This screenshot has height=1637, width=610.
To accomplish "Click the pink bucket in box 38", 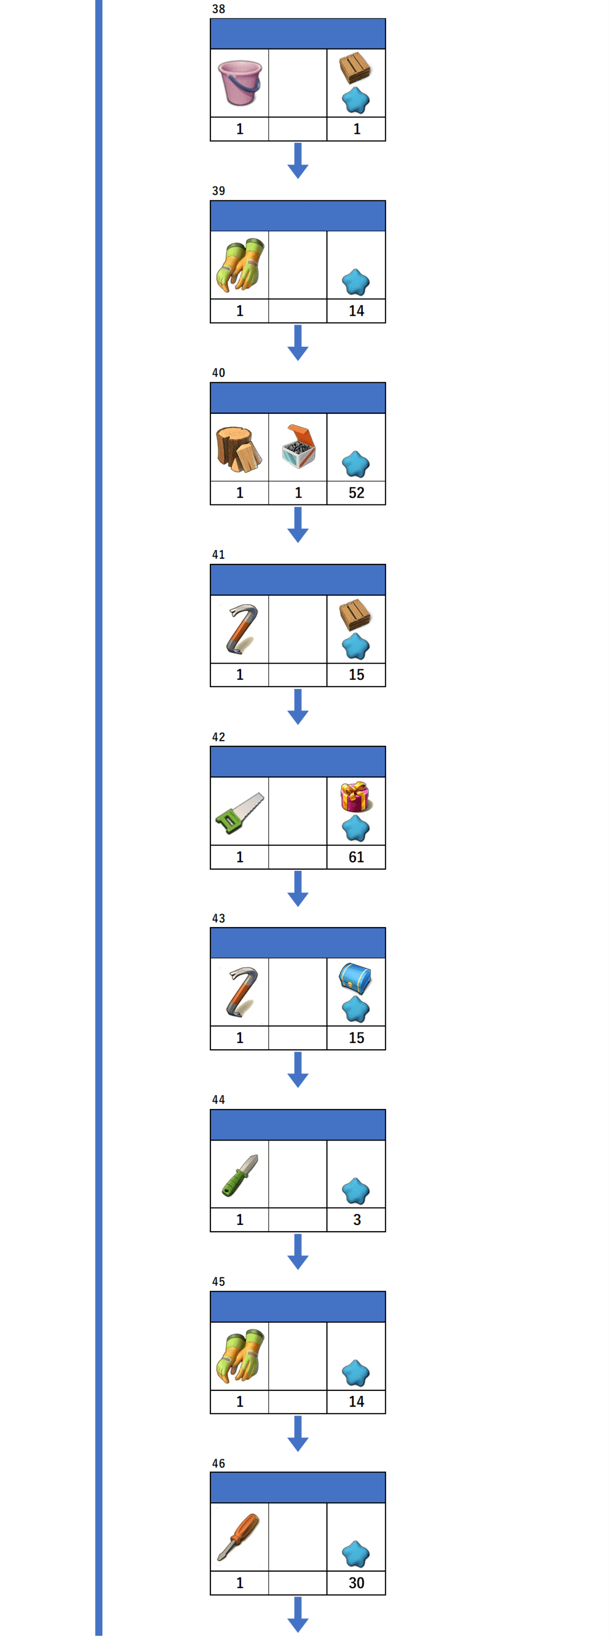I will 239,83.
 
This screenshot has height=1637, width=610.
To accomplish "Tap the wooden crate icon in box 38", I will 355,68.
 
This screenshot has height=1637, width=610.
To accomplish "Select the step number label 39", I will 219,191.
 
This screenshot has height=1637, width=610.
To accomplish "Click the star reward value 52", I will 356,492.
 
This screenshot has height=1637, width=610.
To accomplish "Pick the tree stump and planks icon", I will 238,449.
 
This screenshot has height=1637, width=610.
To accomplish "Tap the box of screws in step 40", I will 298,446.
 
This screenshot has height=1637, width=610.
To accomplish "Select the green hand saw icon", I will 239,812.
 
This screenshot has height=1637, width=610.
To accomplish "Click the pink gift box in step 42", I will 355,796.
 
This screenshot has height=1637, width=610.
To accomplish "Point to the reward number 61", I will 356,856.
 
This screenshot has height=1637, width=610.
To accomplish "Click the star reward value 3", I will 356,1220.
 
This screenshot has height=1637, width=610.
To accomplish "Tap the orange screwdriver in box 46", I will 238,1536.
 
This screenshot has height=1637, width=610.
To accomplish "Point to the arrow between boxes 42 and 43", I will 297,889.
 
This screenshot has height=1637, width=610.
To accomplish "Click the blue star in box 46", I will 355,1554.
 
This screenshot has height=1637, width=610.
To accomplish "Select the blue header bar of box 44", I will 297,1125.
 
